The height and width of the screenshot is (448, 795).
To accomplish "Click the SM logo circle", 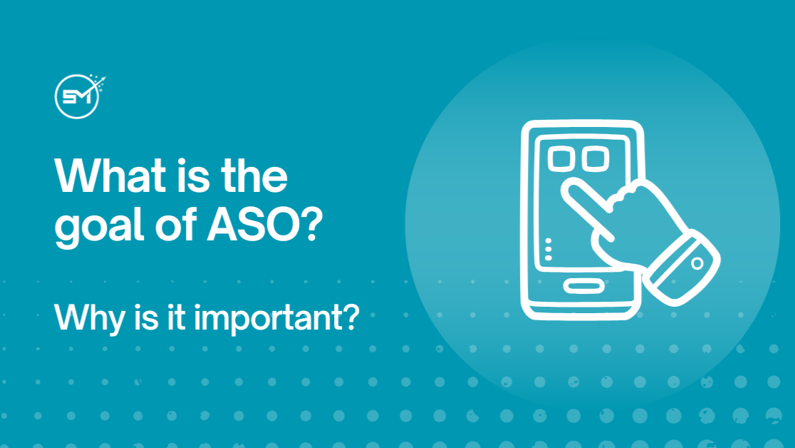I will (76, 97).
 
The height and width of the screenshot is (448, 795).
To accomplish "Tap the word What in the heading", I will (107, 175).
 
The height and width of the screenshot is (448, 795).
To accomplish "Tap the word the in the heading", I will (252, 175).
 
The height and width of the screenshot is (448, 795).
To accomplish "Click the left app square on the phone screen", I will (561, 158).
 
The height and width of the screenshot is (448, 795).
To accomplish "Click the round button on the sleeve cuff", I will (697, 263).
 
